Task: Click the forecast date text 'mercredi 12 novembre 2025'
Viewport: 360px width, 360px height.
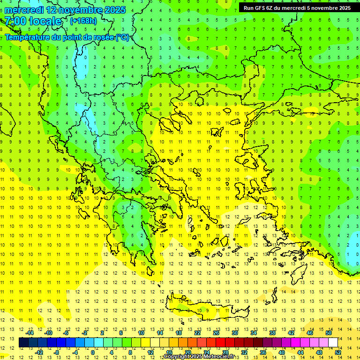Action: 65,10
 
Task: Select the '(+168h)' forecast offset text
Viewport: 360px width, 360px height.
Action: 83,21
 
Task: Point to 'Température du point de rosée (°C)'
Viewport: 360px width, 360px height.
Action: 67,37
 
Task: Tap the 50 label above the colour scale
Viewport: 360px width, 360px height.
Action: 329,333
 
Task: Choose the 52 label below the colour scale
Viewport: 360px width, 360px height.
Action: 338,352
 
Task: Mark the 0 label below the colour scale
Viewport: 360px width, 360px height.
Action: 93,352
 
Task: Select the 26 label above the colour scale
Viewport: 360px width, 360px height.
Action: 216,333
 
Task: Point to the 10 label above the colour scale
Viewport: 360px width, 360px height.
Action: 141,333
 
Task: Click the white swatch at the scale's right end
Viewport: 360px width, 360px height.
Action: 333,343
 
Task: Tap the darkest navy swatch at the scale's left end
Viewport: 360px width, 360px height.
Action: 23,343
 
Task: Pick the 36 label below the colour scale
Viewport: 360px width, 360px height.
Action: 263,352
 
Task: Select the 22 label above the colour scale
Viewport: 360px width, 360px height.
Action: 197,333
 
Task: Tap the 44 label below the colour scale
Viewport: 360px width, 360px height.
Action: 300,352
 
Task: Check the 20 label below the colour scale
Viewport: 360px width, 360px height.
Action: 188,352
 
